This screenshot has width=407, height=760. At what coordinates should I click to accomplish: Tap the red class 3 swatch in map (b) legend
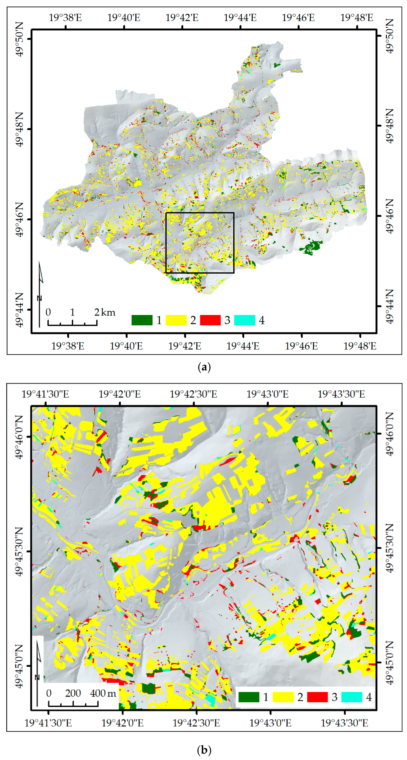[x=317, y=697]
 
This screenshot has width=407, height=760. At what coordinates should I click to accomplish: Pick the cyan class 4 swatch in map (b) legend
[x=352, y=697]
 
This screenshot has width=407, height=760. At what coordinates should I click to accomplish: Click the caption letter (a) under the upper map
[x=204, y=367]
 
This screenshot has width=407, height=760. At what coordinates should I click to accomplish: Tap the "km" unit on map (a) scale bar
[x=108, y=312]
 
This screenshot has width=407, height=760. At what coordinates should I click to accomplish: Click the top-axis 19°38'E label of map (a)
[x=65, y=18]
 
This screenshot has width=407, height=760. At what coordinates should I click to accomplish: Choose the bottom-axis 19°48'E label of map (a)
[x=360, y=346]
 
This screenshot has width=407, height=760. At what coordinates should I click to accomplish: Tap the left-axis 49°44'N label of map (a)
[x=19, y=310]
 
